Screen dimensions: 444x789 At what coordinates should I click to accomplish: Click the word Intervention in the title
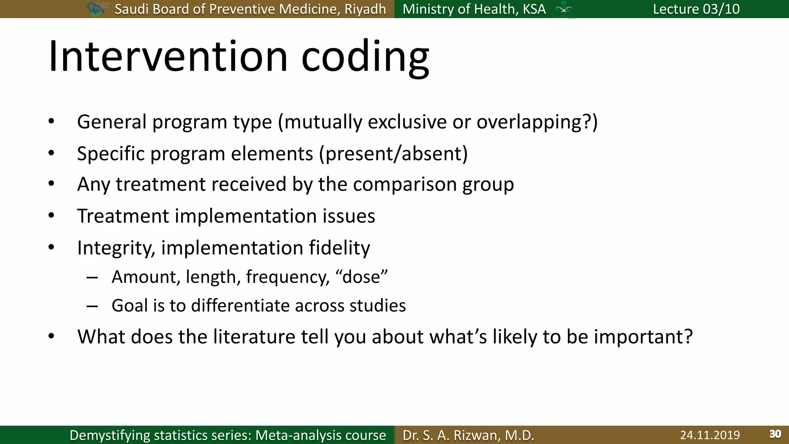168,57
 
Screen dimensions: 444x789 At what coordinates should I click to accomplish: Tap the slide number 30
775,434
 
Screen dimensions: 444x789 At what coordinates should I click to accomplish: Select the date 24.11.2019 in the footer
710,435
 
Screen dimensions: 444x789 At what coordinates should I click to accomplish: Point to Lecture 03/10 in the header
696,9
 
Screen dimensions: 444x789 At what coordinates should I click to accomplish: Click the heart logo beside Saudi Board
96,9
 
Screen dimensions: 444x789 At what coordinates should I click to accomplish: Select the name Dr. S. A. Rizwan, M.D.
468,435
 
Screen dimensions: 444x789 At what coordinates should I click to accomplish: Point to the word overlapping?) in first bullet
537,122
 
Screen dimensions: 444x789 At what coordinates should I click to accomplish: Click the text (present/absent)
393,154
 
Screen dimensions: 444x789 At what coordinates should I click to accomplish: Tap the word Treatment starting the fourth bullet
123,216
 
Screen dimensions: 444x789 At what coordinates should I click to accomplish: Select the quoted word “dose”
361,277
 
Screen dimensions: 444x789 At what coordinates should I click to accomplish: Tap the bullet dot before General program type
51,122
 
